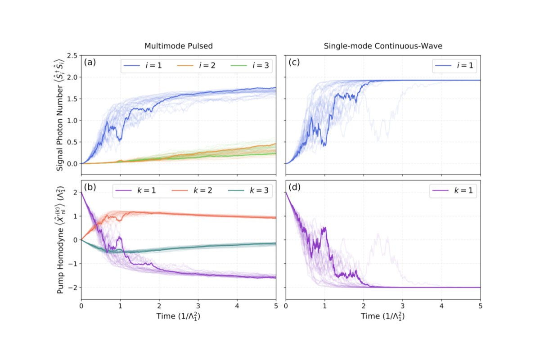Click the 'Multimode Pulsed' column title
179,46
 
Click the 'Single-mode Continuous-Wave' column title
383,46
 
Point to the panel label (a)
90,63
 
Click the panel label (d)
294,188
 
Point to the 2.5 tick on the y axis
72,56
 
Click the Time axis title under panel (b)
179,316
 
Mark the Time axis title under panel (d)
383,316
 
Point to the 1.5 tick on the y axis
72,99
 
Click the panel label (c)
294,63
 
